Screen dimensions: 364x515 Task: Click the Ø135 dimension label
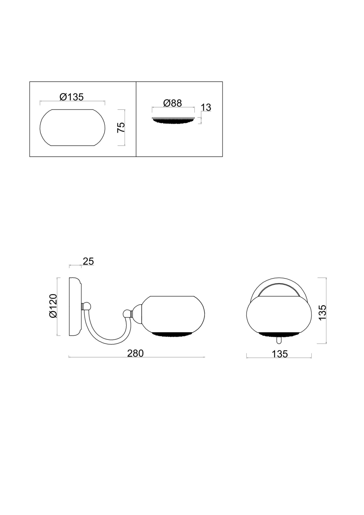coord(72,97)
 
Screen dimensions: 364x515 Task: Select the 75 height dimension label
coord(121,127)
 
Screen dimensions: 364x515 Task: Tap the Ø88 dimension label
coord(173,103)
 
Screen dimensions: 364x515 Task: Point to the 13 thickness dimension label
coord(206,107)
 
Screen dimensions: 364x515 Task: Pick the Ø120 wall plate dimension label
coord(53,306)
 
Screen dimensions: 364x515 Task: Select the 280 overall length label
coord(135,353)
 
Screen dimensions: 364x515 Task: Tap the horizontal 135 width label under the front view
coord(280,354)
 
